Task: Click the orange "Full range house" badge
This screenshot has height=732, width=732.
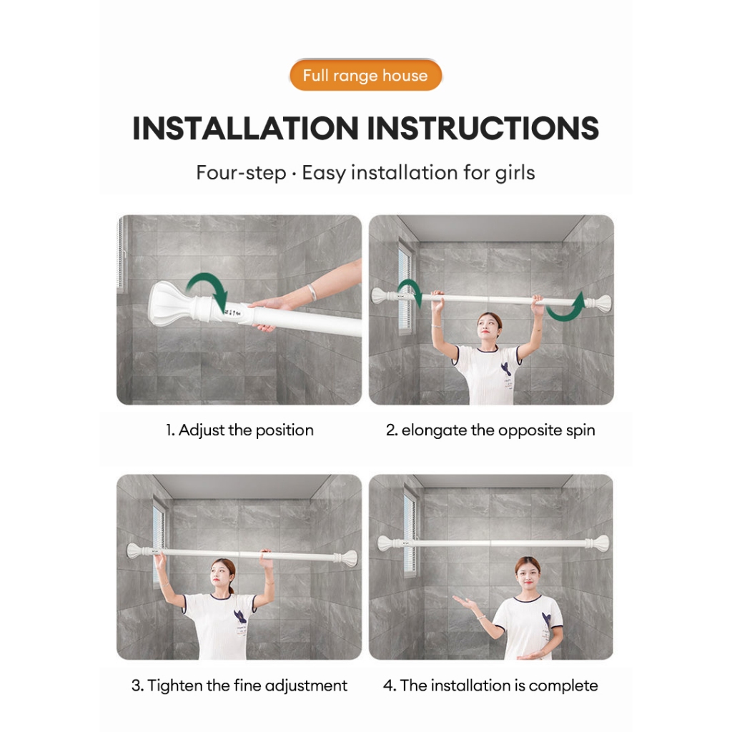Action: coord(365,75)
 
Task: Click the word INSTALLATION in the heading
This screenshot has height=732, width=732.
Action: coord(246,129)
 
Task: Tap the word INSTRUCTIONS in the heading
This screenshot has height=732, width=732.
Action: coord(483,129)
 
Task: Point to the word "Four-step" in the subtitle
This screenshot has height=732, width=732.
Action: coord(241,173)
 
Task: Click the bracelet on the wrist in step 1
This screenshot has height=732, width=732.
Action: coord(312,292)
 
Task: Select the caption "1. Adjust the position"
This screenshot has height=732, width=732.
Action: coord(239,430)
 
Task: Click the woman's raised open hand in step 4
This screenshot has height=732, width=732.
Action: coord(463,600)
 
